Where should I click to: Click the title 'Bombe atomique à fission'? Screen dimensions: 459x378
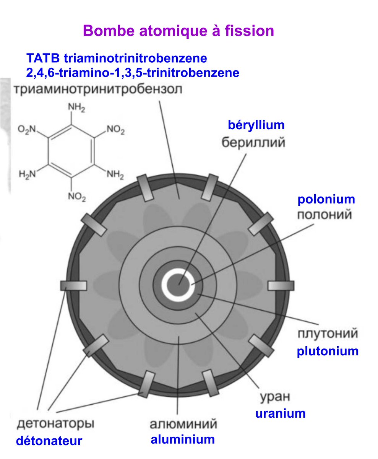(x=178, y=31)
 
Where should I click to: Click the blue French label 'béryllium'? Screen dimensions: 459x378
(x=256, y=125)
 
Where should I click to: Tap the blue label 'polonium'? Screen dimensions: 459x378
(x=326, y=199)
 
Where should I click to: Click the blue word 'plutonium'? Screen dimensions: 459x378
(x=328, y=351)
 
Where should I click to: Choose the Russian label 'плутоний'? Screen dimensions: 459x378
(x=328, y=334)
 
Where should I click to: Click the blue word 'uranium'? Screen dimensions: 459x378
(x=281, y=413)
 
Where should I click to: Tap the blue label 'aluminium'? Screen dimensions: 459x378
(x=183, y=439)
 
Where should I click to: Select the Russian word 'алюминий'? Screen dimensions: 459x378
(x=183, y=424)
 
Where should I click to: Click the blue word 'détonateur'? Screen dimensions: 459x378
(x=49, y=441)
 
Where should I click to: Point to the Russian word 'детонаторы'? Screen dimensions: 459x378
(x=56, y=424)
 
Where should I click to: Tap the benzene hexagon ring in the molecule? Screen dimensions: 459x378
(x=71, y=152)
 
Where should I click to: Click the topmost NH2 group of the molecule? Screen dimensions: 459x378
(x=76, y=108)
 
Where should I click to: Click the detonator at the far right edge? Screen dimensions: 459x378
(x=281, y=285)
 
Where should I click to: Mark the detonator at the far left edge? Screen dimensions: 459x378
(x=73, y=285)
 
